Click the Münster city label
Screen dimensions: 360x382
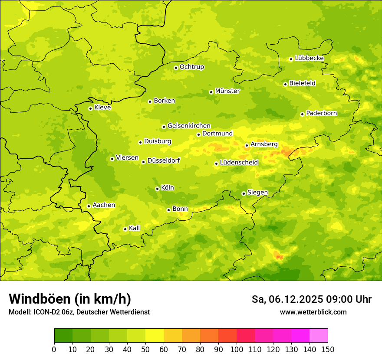tap(227, 91)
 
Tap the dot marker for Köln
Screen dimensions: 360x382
tap(157, 189)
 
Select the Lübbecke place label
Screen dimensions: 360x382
tap(309, 58)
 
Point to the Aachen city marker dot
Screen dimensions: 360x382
tap(89, 206)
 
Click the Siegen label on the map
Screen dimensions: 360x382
tap(257, 193)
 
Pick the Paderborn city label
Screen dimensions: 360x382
tap(321, 113)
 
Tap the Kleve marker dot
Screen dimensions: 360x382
tap(90, 108)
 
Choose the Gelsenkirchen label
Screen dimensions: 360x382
tap(189, 126)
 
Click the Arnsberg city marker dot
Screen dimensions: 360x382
tap(247, 145)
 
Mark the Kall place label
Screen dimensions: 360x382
tap(134, 228)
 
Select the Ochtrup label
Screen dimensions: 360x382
tap(191, 67)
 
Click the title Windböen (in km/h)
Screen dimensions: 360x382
tap(70, 299)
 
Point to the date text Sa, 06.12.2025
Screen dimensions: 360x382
tap(287, 299)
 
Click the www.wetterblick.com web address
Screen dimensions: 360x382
tap(313, 312)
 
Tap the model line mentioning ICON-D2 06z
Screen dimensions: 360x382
tap(79, 312)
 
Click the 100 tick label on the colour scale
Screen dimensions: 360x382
tap(237, 349)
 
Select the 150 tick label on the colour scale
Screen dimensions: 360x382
tap(328, 349)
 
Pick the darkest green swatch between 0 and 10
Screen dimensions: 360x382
tap(63, 336)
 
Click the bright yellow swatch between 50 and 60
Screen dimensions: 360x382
tap(155, 336)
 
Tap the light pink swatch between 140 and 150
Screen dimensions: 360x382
tap(319, 336)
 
